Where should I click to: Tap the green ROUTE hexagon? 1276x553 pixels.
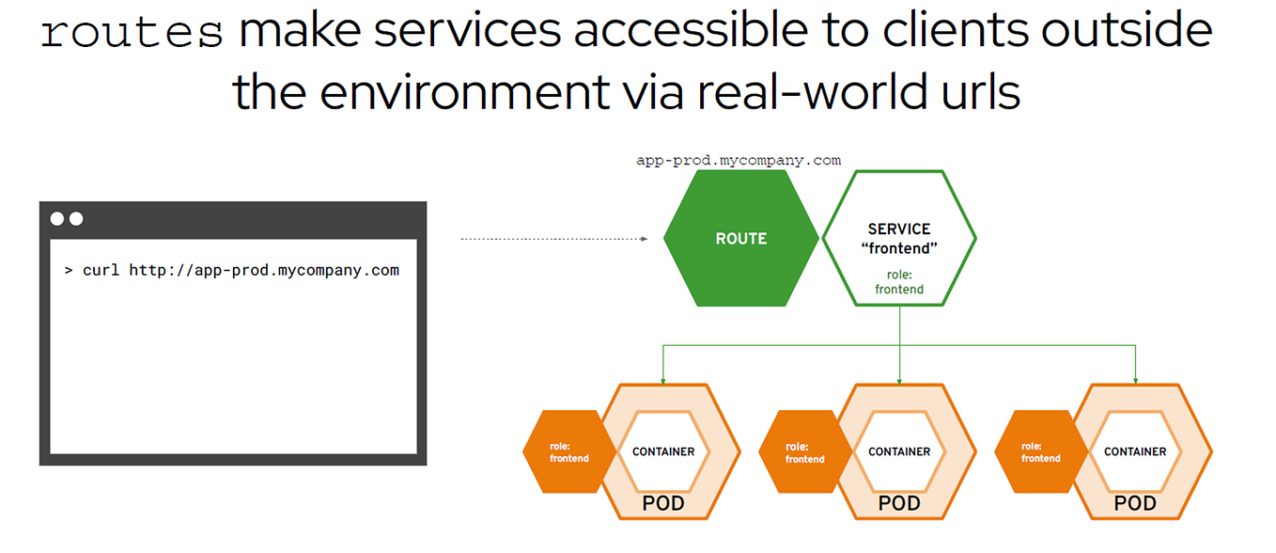[740, 239]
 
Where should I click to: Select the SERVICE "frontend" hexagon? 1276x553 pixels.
[899, 239]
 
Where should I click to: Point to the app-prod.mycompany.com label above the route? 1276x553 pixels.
[738, 160]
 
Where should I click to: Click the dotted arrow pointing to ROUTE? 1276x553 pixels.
[554, 239]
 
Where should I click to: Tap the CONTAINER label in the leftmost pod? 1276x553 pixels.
[663, 451]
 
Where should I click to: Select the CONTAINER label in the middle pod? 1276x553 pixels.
[899, 451]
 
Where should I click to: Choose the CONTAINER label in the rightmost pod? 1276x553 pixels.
[1135, 451]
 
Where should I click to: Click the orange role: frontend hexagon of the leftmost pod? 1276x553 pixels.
[568, 452]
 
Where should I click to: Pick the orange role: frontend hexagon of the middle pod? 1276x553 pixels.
[804, 452]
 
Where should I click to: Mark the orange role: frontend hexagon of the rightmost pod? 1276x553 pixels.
[1040, 452]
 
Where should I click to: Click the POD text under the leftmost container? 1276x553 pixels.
[663, 504]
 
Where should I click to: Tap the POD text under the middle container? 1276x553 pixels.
[899, 504]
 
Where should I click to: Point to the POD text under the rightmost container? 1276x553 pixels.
[1135, 504]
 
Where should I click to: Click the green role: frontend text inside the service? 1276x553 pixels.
[899, 282]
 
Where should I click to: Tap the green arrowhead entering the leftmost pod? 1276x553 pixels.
[663, 380]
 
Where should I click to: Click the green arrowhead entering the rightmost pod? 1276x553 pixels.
[1135, 380]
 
